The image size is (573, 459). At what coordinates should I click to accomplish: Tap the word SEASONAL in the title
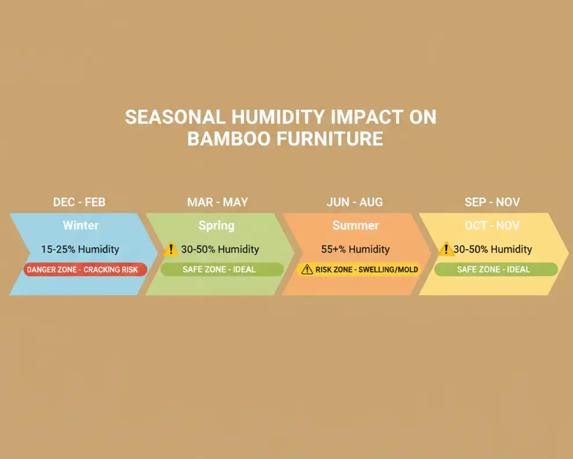(176, 117)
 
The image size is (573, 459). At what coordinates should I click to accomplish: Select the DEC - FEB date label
(79, 202)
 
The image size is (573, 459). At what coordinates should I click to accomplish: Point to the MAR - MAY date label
(217, 202)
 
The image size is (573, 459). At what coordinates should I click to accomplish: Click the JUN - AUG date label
(354, 202)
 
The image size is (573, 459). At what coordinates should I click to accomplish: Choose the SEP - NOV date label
(492, 202)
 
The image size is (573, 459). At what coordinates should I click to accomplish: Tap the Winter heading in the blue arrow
(81, 225)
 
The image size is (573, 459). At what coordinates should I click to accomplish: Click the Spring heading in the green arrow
(216, 225)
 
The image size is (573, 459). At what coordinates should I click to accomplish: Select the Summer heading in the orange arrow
(356, 225)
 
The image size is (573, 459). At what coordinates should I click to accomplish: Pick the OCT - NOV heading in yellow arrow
(492, 225)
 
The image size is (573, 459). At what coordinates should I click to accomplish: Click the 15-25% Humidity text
(80, 249)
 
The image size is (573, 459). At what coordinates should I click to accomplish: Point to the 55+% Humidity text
(356, 249)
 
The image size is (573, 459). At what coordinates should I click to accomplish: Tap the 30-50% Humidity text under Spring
(220, 249)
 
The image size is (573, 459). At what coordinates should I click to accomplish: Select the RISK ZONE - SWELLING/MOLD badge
(359, 270)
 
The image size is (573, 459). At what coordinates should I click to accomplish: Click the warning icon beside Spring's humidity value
(171, 250)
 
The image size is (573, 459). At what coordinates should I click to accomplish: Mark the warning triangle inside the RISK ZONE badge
(307, 270)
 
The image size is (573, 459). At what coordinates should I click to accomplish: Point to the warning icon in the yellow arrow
(445, 250)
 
